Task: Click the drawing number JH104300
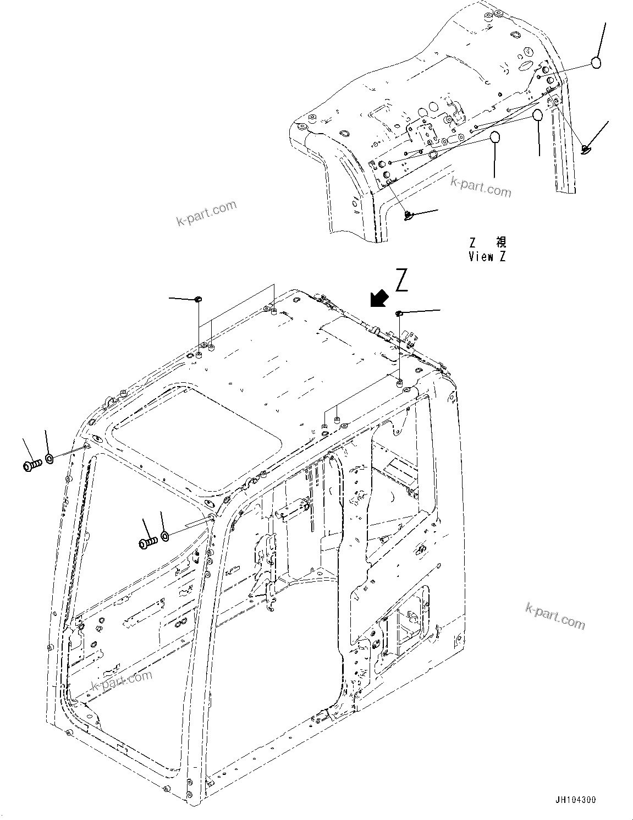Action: point(575,800)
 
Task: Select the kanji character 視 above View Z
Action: point(500,242)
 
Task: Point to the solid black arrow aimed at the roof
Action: point(379,299)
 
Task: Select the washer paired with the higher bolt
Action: point(49,458)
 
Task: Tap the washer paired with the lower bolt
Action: point(165,535)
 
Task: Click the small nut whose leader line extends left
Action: point(198,299)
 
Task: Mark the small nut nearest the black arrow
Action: point(399,313)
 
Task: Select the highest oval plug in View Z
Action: point(596,63)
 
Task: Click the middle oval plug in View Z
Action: point(537,115)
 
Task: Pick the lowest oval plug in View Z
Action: point(495,137)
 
